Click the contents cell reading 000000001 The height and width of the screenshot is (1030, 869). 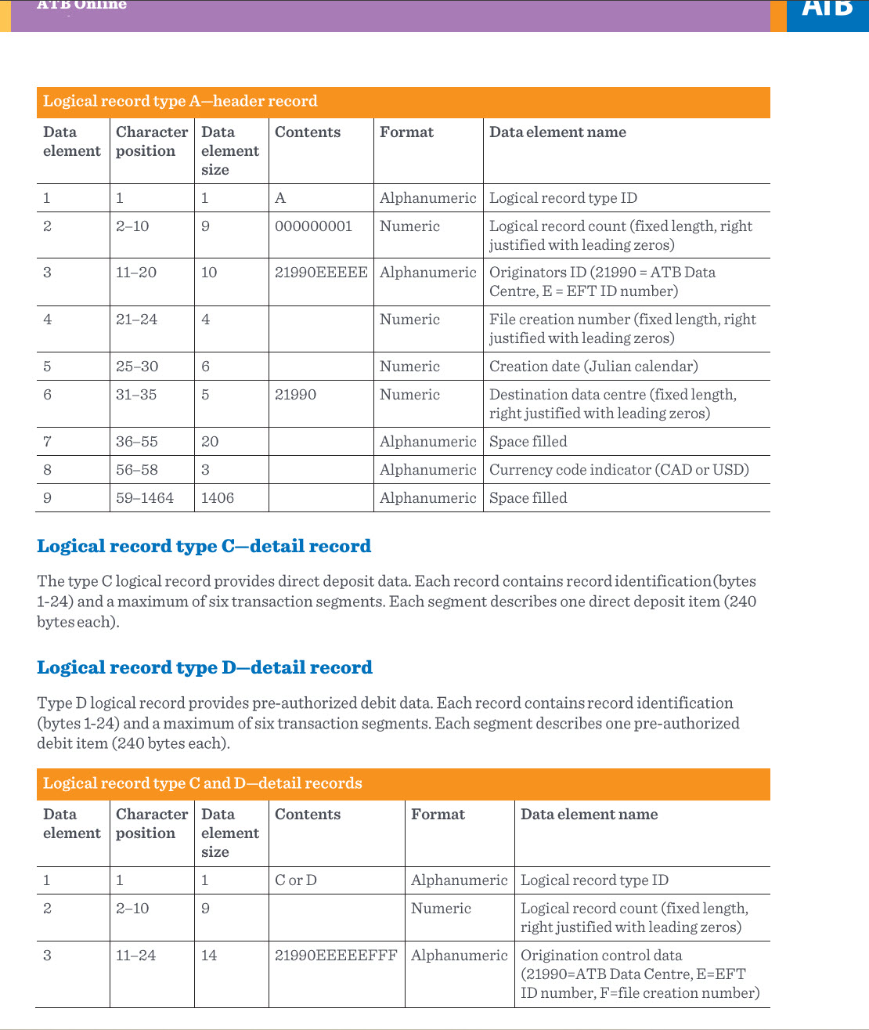pos(313,226)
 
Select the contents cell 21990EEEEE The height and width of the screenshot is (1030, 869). pos(321,273)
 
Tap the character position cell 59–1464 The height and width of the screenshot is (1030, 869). pos(145,498)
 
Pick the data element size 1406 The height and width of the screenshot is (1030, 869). pos(218,498)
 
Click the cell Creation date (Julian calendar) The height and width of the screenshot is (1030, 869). pos(593,367)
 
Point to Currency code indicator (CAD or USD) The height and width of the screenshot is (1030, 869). pos(618,470)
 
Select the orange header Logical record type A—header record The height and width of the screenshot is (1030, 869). pos(180,102)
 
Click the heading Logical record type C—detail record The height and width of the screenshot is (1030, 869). pos(204,546)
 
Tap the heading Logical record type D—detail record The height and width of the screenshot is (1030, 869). pos(204,667)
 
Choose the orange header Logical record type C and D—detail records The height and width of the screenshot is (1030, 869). pos(202,784)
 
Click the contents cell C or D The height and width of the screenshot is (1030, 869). pos(296,880)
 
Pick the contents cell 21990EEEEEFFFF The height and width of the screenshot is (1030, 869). pos(336,956)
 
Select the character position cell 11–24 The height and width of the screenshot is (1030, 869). pos(136,956)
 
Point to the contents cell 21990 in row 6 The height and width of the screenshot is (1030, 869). pos(296,395)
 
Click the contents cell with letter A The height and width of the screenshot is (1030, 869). pos(280,198)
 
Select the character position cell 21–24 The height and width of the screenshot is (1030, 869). pos(137,320)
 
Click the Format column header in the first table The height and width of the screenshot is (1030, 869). pos(406,132)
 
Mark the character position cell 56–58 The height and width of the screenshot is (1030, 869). pos(137,470)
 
